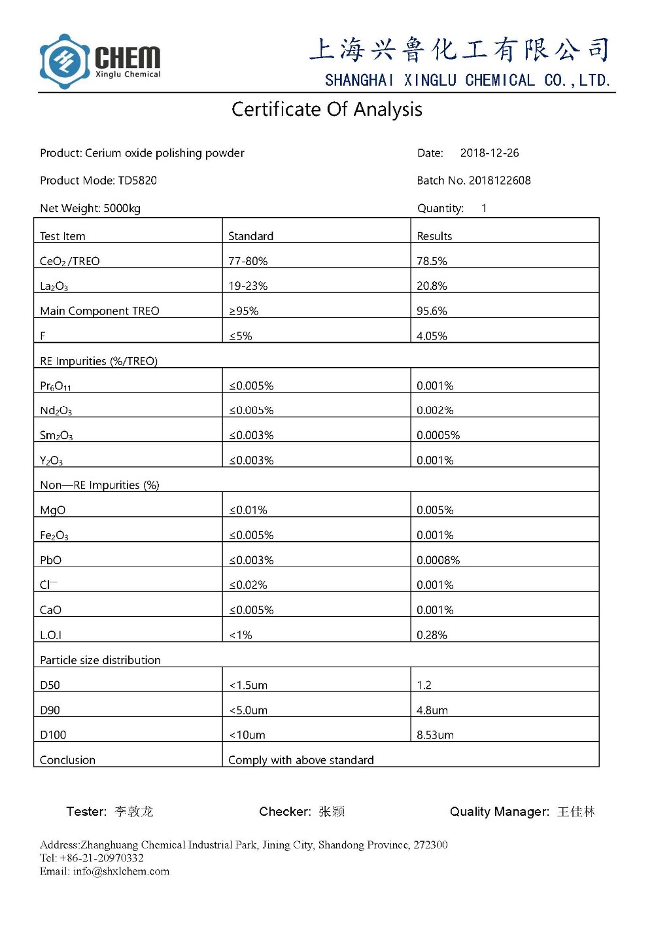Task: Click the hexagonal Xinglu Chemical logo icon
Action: pos(64,61)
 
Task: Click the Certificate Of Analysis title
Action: pos(326,109)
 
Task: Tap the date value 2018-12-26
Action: pos(489,153)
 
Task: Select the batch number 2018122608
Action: pos(500,181)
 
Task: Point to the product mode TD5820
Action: pos(137,181)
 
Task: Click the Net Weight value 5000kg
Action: pos(122,209)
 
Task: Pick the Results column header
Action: pos(434,236)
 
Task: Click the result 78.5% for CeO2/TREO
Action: pos(432,261)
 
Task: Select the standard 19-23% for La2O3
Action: pos(248,286)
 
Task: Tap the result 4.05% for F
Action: pos(432,336)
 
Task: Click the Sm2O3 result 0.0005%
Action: pos(438,436)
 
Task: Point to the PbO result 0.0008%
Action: pos(438,561)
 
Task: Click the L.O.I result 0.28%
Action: pos(432,635)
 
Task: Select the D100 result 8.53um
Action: pos(435,735)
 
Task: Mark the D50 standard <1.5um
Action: pos(248,686)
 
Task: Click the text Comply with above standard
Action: pos(301,760)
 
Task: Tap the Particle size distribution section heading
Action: pos(100,661)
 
